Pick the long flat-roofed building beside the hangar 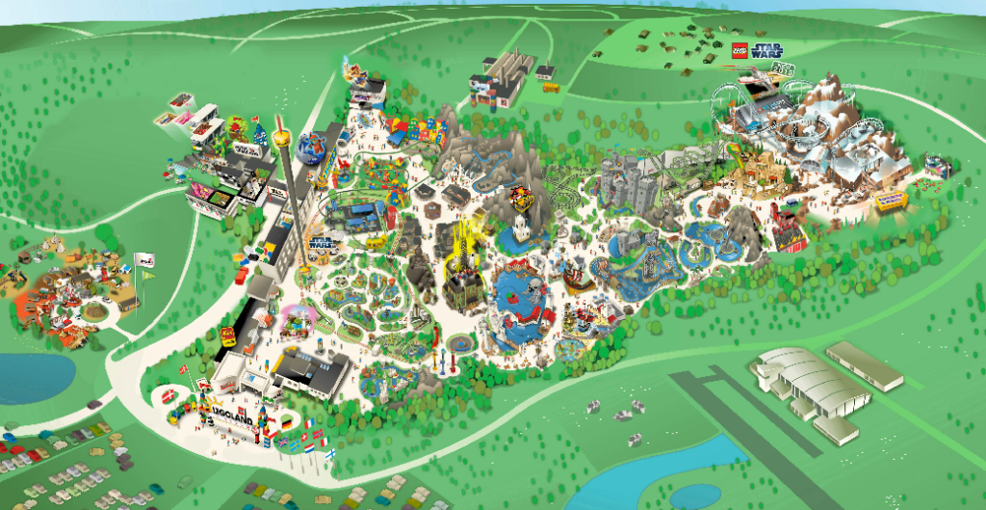(x=864, y=365)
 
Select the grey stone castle (x=626, y=182)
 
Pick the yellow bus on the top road (x=551, y=88)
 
